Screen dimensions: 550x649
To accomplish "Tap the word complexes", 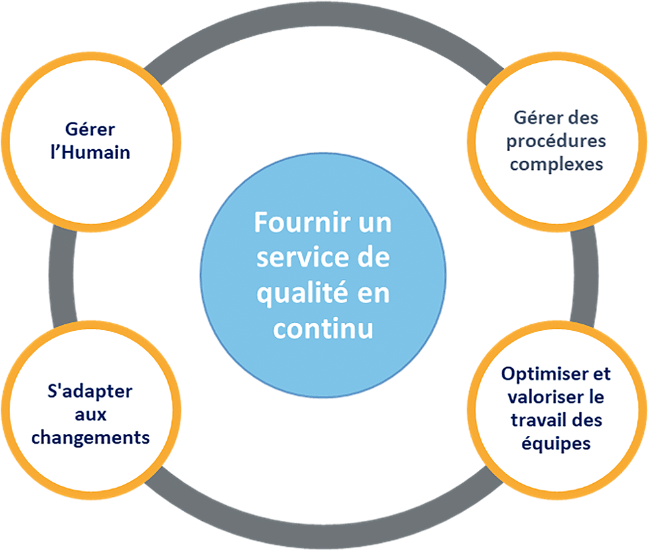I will coord(557,164).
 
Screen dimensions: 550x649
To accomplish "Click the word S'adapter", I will coord(90,392).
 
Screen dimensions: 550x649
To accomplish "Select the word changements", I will coord(90,437).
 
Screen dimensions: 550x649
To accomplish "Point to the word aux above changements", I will coord(90,415).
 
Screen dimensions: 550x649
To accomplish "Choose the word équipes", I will coord(556,444).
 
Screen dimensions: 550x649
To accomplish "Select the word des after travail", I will coord(585,420).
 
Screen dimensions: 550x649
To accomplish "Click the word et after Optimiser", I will coord(602,374).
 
